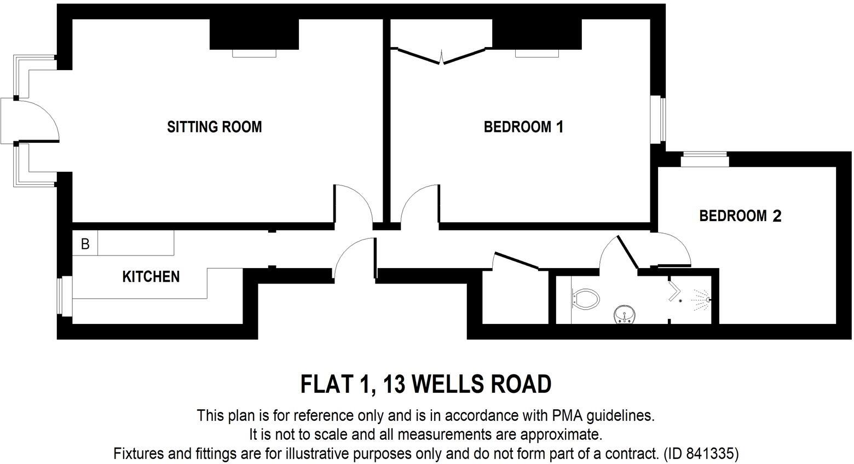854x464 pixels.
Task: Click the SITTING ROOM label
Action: [x=214, y=127]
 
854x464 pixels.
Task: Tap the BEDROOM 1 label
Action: [x=523, y=127]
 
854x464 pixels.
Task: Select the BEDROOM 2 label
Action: [x=740, y=216]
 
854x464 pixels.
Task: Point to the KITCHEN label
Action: [x=151, y=276]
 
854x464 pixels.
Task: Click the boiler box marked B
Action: [x=85, y=243]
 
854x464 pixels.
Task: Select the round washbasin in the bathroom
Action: [x=624, y=315]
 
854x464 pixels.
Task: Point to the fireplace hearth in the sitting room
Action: [x=254, y=53]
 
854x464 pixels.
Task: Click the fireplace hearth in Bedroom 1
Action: [x=536, y=53]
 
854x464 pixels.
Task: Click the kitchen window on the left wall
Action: [x=66, y=295]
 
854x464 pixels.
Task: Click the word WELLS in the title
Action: [x=447, y=384]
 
